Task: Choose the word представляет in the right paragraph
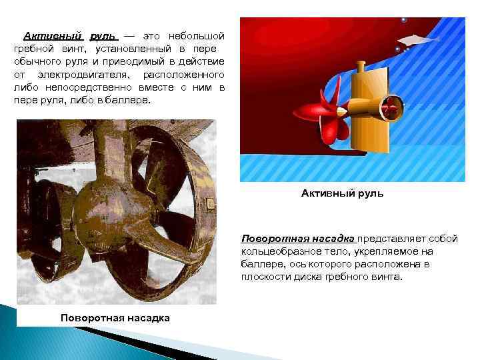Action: [387, 239]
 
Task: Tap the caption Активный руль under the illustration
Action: [342, 193]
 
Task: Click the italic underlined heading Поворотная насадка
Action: [299, 239]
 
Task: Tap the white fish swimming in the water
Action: [417, 39]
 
